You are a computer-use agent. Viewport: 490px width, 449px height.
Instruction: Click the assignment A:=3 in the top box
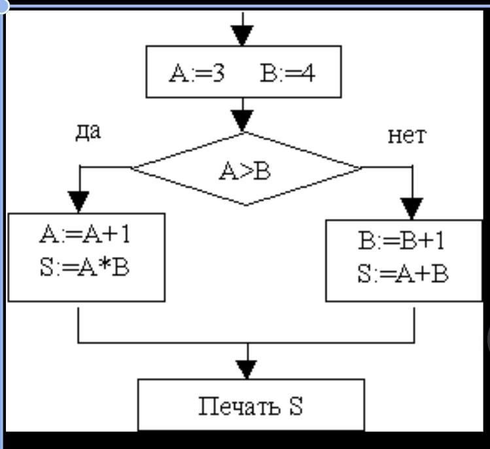point(197,73)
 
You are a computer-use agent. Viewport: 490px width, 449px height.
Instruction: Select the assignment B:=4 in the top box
point(287,73)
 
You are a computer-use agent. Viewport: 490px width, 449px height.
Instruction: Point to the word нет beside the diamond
point(406,136)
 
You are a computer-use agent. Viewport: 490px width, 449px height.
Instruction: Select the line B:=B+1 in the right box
point(402,242)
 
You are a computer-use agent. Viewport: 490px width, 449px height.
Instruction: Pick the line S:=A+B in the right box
point(402,274)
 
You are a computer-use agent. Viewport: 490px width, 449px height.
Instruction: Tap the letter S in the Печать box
point(295,407)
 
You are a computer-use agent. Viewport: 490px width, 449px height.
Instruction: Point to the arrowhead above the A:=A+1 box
point(79,201)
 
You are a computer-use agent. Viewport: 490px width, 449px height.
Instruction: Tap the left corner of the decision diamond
point(131,168)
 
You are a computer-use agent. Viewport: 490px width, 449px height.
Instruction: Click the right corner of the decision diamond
point(360,168)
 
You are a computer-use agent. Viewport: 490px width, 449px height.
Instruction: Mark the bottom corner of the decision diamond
point(246,205)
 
